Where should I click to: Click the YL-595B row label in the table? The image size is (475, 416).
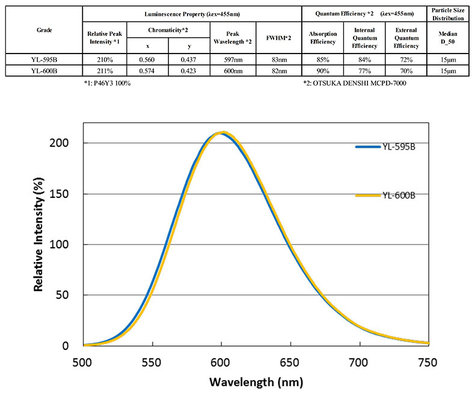tap(41, 60)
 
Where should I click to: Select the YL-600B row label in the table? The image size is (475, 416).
tap(41, 70)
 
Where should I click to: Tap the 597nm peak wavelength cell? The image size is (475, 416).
tap(233, 60)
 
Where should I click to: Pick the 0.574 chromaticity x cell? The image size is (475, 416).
tap(147, 70)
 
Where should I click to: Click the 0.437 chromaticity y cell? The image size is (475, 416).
tap(189, 60)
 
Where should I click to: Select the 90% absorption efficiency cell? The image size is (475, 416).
tap(322, 70)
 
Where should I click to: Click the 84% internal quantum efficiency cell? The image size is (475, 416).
tap(364, 60)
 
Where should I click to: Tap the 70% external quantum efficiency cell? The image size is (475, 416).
tap(405, 70)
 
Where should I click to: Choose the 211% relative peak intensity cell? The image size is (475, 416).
tap(104, 70)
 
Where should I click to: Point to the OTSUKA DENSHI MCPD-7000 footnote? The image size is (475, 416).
tap(356, 83)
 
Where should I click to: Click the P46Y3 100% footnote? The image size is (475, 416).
tap(108, 83)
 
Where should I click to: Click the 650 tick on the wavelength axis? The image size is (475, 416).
tap(290, 362)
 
